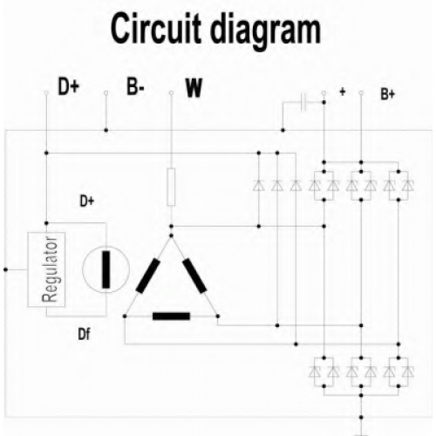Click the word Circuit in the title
pos(156,29)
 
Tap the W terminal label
pos(194,87)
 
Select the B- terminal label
pos(135,86)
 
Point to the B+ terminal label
pos(388,94)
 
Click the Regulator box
pos(46,269)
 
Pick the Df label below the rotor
pos(84,334)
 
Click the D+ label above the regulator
pos(87,201)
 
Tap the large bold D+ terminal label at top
pos(69,86)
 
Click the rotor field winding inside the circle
pos(106,269)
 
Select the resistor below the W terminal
pos(171,187)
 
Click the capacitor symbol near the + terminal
pos(303,102)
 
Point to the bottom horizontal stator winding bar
pos(171,316)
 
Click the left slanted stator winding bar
pos(148,276)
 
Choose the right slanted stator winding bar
pos(194,276)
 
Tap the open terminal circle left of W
pos(171,93)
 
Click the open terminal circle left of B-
pos(106,93)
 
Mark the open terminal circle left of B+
pos(361,93)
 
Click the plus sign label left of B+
pos(343,92)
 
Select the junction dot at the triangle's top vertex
pos(171,235)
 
